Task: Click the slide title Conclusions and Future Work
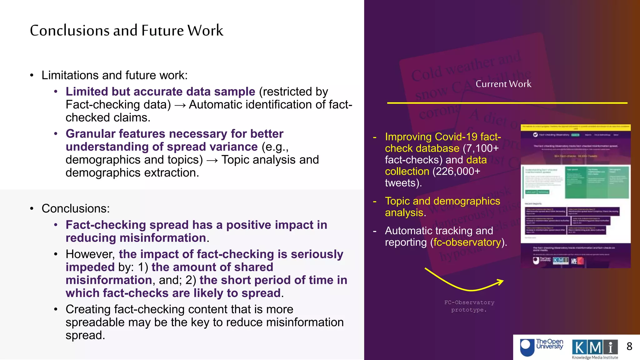pyautogui.click(x=127, y=31)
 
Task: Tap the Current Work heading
pyautogui.click(x=503, y=84)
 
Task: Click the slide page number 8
pyautogui.click(x=629, y=346)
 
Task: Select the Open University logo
pyautogui.click(x=541, y=347)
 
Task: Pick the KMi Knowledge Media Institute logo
pyautogui.click(x=595, y=349)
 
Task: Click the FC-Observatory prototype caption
pyautogui.click(x=469, y=306)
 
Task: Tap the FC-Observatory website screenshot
pyautogui.click(x=575, y=196)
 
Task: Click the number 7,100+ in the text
pyautogui.click(x=480, y=148)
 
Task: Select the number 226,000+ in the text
pyautogui.click(x=456, y=171)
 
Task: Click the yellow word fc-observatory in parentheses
pyautogui.click(x=467, y=242)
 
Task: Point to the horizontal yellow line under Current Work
pyautogui.click(x=507, y=103)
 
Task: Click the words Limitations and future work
pyautogui.click(x=114, y=75)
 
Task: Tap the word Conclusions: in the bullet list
pyautogui.click(x=76, y=208)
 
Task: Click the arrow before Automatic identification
pyautogui.click(x=180, y=105)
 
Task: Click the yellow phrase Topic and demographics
pyautogui.click(x=442, y=201)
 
